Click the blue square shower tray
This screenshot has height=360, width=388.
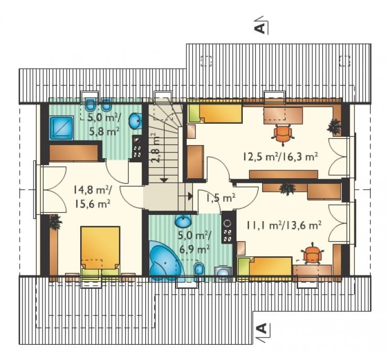coord(61,128)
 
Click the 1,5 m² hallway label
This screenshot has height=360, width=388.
coord(221,198)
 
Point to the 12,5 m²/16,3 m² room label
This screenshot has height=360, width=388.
coord(280,157)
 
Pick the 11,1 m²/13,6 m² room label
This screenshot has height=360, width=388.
coord(284,225)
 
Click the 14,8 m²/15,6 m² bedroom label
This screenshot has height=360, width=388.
coord(92,197)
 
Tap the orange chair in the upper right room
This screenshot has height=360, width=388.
coord(282,134)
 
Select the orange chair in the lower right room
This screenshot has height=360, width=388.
coord(312,254)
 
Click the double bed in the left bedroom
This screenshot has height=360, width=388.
coord(100,250)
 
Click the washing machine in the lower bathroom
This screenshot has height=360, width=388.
coord(223,274)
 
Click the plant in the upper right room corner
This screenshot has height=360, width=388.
coord(335,126)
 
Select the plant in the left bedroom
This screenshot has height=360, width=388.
coord(55,222)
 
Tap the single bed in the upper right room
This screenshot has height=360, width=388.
coord(215,114)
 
